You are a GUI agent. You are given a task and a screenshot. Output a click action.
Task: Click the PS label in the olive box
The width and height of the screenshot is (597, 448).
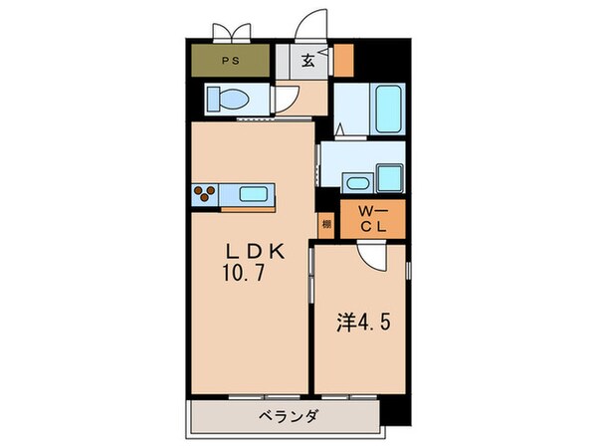point(231,60)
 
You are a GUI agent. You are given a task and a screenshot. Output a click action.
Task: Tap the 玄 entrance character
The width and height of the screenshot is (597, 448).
point(308,61)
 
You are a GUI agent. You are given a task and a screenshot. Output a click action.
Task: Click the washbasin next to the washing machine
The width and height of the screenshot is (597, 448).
point(356,183)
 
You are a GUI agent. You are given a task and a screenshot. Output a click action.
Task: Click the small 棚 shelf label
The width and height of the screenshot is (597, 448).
point(325,224)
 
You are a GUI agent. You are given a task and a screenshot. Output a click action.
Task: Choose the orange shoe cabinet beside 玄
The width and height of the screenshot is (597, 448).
point(342,61)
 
